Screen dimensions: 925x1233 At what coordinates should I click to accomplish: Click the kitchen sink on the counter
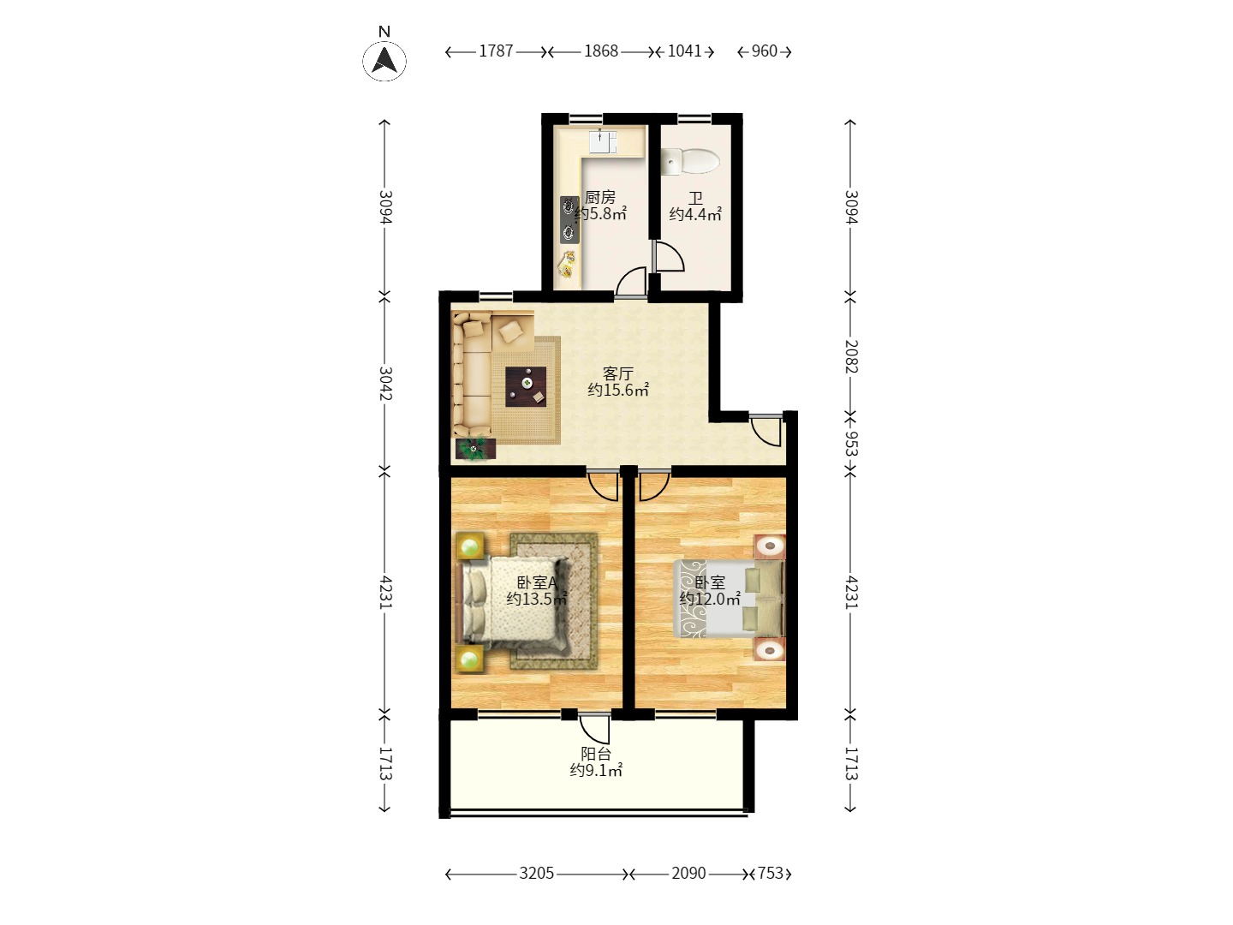pyautogui.click(x=602, y=141)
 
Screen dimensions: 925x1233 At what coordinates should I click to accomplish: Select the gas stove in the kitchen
pyautogui.click(x=569, y=219)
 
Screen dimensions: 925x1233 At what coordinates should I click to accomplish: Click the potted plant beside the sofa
pyautogui.click(x=474, y=447)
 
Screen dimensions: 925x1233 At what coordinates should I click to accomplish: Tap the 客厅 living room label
pyautogui.click(x=617, y=373)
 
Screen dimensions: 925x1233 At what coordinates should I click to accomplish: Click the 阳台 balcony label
pyautogui.click(x=596, y=754)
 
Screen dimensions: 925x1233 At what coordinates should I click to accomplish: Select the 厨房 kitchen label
pyautogui.click(x=599, y=198)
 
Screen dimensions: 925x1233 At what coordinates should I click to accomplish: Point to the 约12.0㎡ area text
pyautogui.click(x=710, y=600)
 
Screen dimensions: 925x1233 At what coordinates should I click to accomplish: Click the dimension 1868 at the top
pyautogui.click(x=601, y=51)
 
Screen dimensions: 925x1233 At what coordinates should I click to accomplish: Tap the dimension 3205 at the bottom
pyautogui.click(x=537, y=874)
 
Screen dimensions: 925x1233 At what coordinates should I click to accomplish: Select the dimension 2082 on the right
pyautogui.click(x=850, y=355)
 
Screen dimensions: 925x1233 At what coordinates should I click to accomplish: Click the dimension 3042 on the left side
pyautogui.click(x=384, y=383)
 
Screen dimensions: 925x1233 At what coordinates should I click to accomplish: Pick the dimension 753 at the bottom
pyautogui.click(x=771, y=874)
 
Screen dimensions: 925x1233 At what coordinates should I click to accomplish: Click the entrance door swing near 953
pyautogui.click(x=767, y=431)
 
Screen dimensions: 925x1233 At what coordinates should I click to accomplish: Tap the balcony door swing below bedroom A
pyautogui.click(x=596, y=728)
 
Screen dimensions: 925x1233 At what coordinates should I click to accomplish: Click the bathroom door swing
pyautogui.click(x=669, y=256)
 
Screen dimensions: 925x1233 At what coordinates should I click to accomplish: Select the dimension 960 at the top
pyautogui.click(x=764, y=51)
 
